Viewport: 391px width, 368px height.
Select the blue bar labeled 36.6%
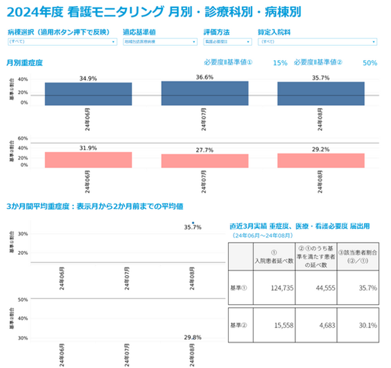pyautogui.click(x=205, y=93)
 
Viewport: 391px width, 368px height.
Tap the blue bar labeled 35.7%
pyautogui.click(x=321, y=93)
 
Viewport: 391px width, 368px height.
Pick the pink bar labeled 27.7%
pyautogui.click(x=205, y=160)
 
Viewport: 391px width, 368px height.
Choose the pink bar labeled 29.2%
pyautogui.click(x=321, y=160)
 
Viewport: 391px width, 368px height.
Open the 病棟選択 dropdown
pyautogui.click(x=62, y=42)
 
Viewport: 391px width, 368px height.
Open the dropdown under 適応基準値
pyautogui.click(x=159, y=42)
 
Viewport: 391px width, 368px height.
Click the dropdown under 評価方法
pyautogui.click(x=228, y=42)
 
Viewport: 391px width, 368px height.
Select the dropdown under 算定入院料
pyautogui.click(x=317, y=42)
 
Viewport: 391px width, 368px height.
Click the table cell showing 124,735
pyautogui.click(x=274, y=288)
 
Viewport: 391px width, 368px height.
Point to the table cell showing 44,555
pyautogui.click(x=315, y=288)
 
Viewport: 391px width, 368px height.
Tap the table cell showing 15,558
pyautogui.click(x=274, y=325)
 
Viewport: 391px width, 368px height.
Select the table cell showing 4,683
pyautogui.click(x=315, y=325)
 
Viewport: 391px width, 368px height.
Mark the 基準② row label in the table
pyautogui.click(x=239, y=325)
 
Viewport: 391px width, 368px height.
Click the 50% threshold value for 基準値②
pyautogui.click(x=370, y=63)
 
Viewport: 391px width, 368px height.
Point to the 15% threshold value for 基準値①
pyautogui.click(x=280, y=63)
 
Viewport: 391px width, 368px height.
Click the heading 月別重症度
pyautogui.click(x=25, y=63)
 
